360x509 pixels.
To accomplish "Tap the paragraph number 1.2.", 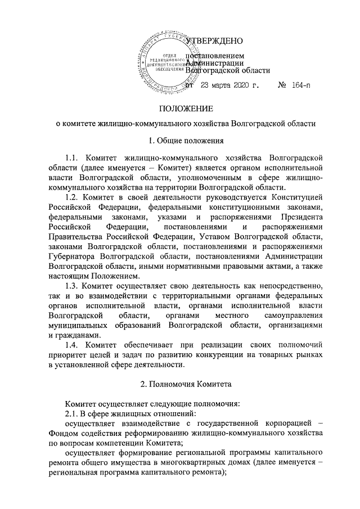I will (74, 197).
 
